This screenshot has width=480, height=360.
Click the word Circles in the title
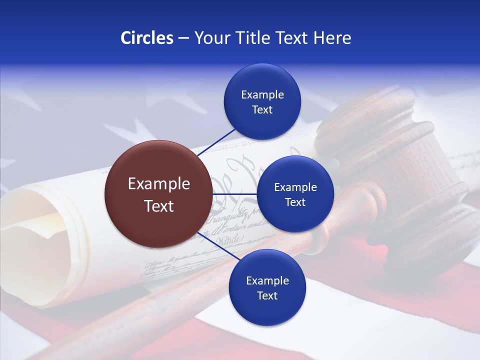147,38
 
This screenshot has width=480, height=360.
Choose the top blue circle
262,102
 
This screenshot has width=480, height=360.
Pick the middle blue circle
295,194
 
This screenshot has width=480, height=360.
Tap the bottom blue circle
267,287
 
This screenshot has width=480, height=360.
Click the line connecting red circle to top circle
216,142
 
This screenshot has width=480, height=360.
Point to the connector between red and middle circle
234,194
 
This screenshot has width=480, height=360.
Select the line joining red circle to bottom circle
219,246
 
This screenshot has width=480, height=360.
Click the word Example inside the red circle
159,184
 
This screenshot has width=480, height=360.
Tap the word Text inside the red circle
159,205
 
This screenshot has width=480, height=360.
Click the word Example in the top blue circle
262,95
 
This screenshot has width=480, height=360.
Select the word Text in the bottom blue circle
267,295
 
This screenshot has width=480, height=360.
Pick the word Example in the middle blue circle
295,187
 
